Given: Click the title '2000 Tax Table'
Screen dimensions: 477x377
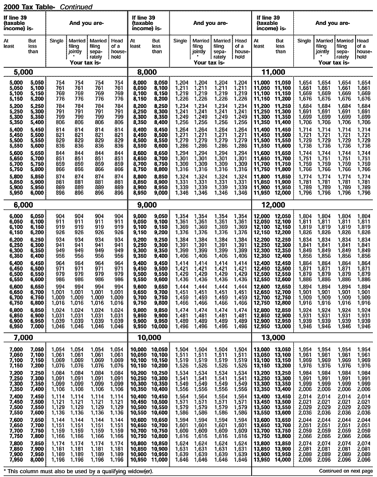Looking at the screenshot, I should click(x=29, y=6).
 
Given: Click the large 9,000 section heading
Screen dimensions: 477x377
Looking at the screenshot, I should click(x=146, y=205).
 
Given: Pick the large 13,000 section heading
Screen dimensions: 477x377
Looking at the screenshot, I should click(x=274, y=337).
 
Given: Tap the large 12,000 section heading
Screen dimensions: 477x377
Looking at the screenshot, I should click(x=274, y=205).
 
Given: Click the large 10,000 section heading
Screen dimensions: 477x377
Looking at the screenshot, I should click(x=148, y=337).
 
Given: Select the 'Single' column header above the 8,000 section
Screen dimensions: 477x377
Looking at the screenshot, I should click(x=180, y=41).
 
